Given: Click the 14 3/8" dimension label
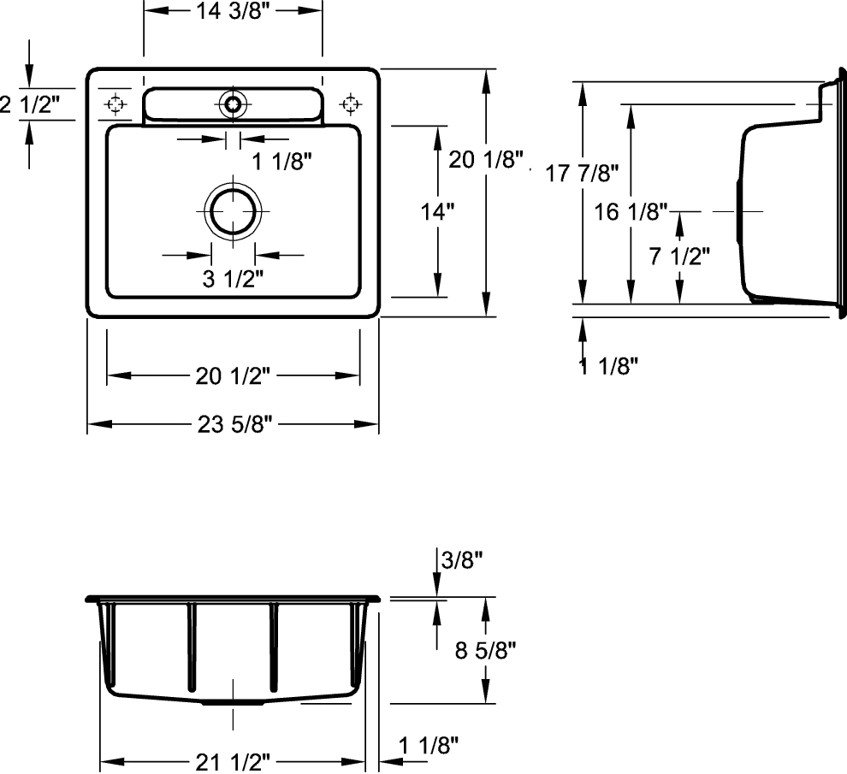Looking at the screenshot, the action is click(x=232, y=11).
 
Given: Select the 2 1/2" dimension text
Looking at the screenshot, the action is click(x=30, y=103).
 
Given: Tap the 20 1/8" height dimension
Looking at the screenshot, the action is click(x=486, y=159).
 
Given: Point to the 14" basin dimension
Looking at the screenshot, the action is click(x=437, y=212).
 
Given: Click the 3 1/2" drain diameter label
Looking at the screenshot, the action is click(x=233, y=279).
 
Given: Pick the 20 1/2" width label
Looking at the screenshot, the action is click(x=233, y=376).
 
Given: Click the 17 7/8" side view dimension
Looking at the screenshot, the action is click(x=582, y=174).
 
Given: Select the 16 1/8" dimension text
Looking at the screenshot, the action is click(x=631, y=212).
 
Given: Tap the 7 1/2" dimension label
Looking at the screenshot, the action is click(x=679, y=256).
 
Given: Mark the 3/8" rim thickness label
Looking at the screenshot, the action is click(x=462, y=560).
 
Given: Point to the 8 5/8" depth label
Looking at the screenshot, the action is click(x=486, y=650).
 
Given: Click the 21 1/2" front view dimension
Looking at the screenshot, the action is click(x=233, y=762).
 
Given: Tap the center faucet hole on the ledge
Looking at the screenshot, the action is click(x=233, y=103).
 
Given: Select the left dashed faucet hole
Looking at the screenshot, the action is click(x=115, y=103).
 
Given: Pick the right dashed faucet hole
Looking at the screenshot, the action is click(x=351, y=103).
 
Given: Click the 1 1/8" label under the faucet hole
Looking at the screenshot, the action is click(x=282, y=161).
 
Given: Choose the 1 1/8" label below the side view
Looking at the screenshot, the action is click(x=608, y=367).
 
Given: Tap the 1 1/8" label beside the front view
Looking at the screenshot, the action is click(x=429, y=746).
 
